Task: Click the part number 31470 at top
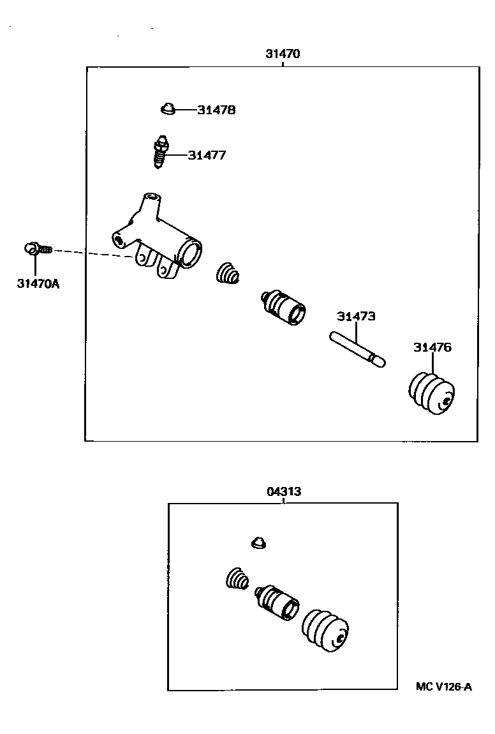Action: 283,54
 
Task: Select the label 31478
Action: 216,110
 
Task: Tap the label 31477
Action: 207,155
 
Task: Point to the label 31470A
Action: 38,283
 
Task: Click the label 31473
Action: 356,317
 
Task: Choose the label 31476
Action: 432,348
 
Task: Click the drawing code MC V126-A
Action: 443,687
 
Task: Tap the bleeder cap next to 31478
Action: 168,110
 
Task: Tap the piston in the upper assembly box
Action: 284,307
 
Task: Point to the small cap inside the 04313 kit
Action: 258,543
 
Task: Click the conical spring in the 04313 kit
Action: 238,580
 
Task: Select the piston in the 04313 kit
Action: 277,603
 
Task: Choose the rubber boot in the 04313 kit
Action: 325,631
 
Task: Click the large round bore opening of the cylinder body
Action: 191,252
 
